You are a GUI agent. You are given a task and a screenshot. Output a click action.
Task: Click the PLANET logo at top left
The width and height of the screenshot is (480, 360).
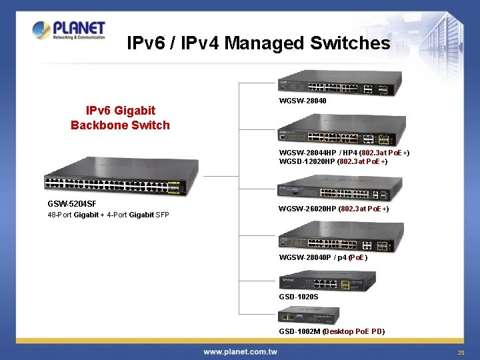point(69,30)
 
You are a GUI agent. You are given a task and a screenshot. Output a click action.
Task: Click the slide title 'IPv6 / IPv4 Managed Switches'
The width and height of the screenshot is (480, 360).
point(258,43)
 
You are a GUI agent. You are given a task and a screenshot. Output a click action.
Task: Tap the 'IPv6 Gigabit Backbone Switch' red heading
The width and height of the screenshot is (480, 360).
point(120,117)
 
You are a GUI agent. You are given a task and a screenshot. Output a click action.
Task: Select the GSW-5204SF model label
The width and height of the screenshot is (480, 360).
point(72,203)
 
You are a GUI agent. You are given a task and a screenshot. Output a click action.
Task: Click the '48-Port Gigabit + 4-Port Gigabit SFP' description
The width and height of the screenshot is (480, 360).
point(108,215)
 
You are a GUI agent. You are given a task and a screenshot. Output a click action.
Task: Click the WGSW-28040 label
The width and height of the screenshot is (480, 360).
point(303,101)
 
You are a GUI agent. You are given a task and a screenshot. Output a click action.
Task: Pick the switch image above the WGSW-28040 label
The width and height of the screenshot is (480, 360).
point(341,83)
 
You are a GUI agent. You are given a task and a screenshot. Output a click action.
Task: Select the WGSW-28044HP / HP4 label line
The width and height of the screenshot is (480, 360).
point(344,153)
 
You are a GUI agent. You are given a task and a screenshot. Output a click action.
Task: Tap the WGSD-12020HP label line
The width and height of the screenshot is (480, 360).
point(333,161)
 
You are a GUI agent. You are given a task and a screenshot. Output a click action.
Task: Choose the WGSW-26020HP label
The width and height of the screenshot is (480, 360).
point(334,209)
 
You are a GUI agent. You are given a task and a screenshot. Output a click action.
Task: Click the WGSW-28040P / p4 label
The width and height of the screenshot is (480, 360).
point(323,257)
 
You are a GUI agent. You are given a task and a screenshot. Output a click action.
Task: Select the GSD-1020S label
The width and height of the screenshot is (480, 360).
point(299,295)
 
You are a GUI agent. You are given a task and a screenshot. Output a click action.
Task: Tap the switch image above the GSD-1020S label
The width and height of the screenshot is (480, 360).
point(327,280)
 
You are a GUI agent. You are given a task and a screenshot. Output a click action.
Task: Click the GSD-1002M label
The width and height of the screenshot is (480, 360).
point(331,331)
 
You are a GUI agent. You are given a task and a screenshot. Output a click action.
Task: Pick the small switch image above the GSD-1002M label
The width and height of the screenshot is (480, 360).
point(309,315)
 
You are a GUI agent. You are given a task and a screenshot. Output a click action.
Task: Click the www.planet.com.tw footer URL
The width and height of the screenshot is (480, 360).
point(240,351)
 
